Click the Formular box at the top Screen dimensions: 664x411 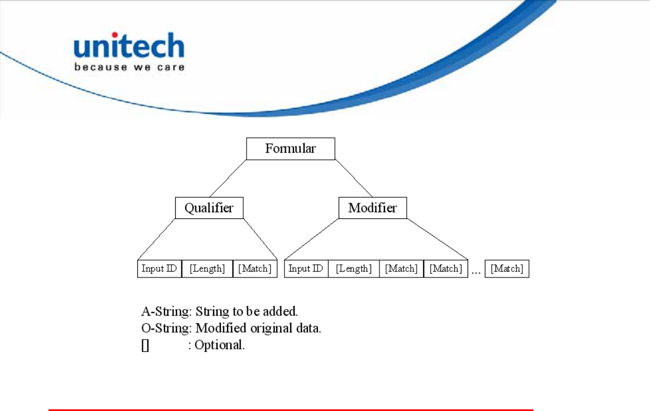point(291,149)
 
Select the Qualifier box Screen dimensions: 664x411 point(209,208)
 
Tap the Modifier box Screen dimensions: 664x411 point(373,208)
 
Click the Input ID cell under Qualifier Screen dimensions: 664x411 point(160,269)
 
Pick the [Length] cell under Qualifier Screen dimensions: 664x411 point(208,269)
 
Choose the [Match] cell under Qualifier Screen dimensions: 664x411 point(255,269)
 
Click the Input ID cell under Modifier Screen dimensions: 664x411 point(306,269)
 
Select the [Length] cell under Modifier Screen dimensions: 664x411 point(354,269)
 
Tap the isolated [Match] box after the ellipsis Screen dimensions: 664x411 point(507,269)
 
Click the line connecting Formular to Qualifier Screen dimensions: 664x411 point(228,178)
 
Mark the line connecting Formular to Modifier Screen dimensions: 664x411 point(354,178)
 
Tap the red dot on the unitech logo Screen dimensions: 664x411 point(114,35)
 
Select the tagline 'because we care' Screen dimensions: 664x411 point(129,67)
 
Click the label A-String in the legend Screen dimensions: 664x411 point(166,312)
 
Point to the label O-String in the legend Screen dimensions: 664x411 point(166,328)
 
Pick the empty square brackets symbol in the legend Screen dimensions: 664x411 point(145,345)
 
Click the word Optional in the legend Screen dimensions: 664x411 point(219,345)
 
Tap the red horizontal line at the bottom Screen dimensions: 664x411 point(291,410)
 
